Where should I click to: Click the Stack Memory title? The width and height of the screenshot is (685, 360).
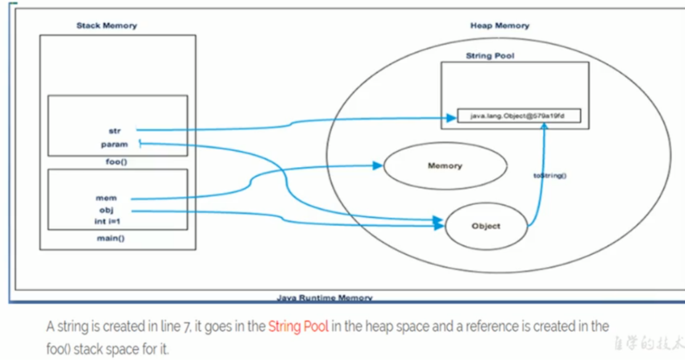107,26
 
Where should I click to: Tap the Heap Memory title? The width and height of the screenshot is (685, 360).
500,26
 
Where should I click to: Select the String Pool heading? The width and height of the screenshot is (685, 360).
490,56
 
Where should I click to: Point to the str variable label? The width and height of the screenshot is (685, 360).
115,131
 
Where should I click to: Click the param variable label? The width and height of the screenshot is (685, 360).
115,144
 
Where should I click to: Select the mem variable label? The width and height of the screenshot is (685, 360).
106,198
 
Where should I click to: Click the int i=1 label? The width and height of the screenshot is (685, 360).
107,221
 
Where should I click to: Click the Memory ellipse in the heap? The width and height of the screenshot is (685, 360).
445,166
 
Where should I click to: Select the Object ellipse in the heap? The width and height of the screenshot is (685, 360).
486,226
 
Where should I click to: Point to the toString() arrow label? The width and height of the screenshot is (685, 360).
550,176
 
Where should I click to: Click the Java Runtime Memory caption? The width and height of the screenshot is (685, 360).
324,298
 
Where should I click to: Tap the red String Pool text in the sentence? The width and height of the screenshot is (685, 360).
298,327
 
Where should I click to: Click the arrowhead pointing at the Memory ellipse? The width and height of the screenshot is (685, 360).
376,165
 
